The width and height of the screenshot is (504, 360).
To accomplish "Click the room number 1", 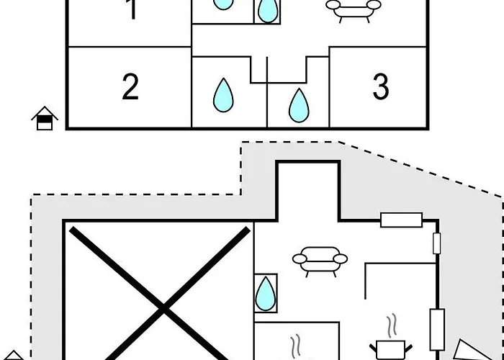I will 131,12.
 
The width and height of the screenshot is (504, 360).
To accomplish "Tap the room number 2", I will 130,87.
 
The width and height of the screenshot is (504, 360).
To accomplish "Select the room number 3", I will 381,87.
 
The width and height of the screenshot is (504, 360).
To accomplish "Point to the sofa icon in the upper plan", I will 354,8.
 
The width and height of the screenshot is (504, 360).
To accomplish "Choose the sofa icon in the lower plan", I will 320,261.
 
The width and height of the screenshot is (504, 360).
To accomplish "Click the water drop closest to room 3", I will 298,105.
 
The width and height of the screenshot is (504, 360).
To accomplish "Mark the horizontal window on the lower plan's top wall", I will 400,220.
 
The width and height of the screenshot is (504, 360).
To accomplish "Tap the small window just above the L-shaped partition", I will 436,243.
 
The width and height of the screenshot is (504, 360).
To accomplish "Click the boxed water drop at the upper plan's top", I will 267,10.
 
